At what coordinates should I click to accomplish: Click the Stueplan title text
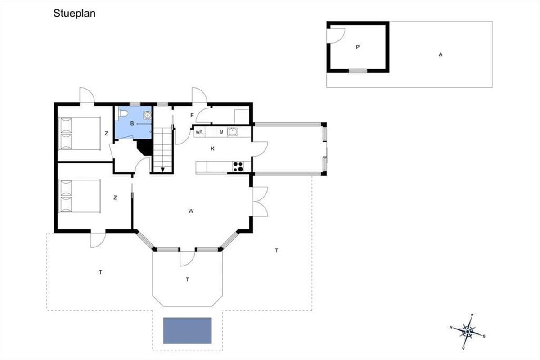(75, 13)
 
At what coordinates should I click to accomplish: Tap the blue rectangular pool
(188, 330)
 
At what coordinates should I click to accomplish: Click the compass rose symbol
(468, 332)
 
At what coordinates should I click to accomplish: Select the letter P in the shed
(357, 47)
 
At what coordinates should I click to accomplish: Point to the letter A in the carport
(441, 54)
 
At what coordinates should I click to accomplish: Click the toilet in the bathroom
(123, 113)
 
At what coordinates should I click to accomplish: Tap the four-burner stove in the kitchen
(238, 167)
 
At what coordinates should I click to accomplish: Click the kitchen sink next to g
(233, 132)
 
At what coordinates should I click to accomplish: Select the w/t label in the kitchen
(199, 132)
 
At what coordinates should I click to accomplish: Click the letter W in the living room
(191, 211)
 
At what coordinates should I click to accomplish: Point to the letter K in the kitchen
(212, 148)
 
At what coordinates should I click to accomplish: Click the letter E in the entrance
(192, 115)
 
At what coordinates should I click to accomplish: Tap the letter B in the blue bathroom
(132, 123)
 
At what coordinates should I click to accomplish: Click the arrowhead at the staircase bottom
(163, 170)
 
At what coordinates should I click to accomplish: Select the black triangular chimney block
(145, 148)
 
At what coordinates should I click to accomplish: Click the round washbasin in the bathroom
(147, 115)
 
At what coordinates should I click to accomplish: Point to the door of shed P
(336, 36)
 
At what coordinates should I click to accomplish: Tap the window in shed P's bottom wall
(358, 71)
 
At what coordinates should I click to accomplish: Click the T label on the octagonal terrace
(188, 279)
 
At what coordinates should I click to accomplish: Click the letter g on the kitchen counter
(221, 132)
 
